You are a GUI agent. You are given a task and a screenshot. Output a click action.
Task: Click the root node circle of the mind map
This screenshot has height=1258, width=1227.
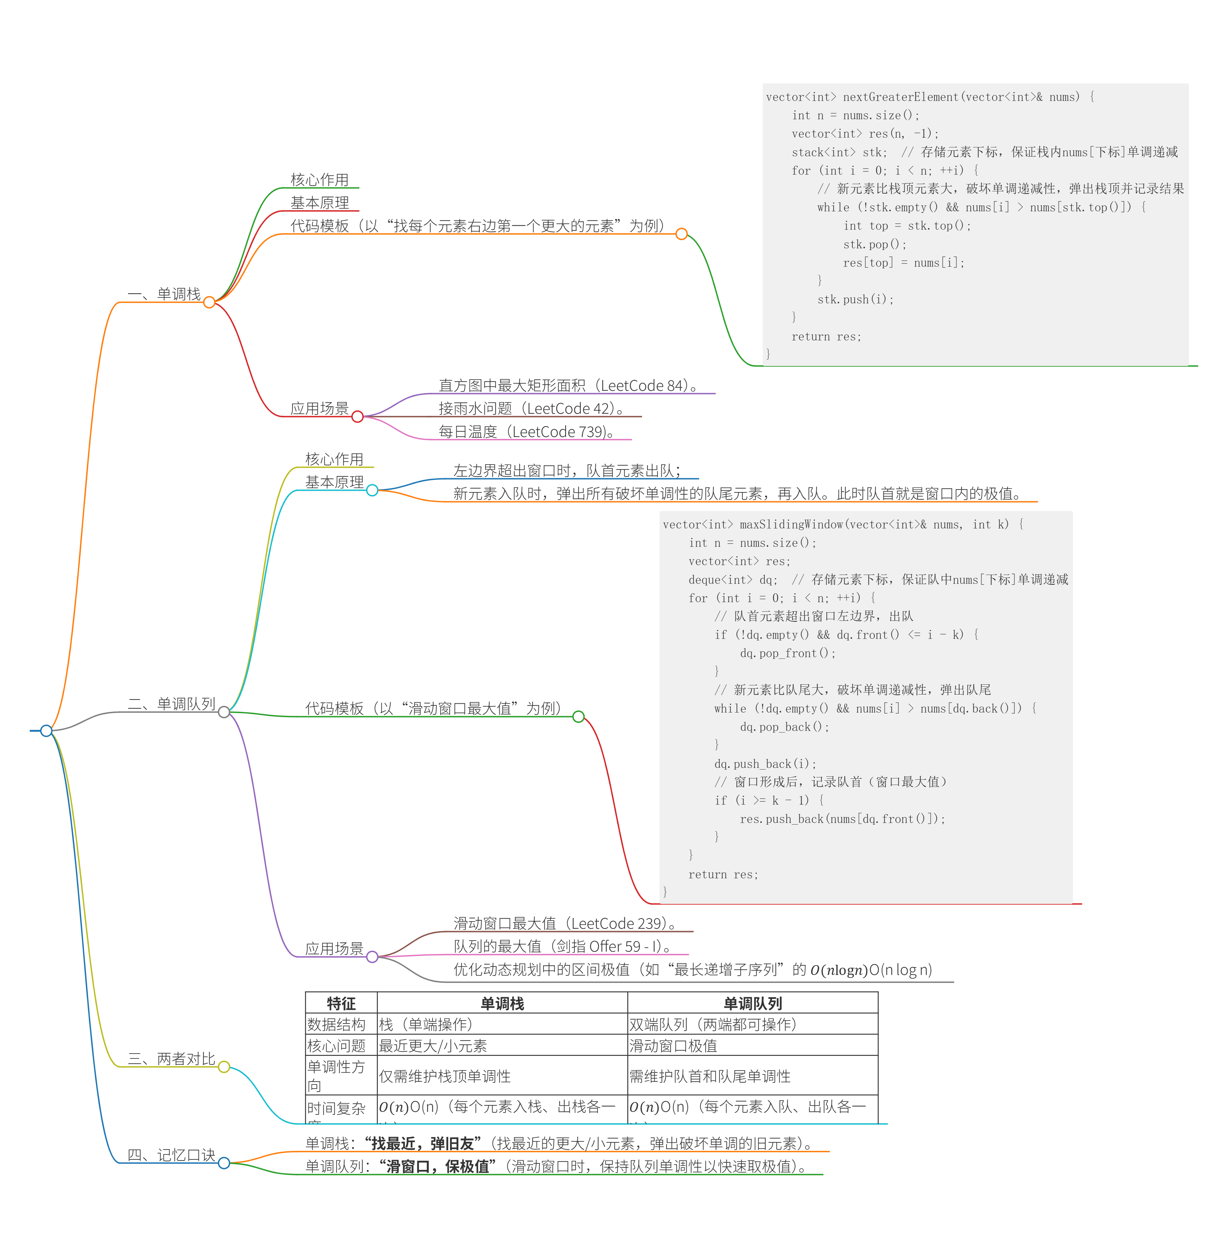[46, 731]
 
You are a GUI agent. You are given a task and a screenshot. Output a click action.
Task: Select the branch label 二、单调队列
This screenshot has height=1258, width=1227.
[171, 704]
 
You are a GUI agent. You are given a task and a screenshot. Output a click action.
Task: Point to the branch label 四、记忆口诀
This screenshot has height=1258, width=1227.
[171, 1155]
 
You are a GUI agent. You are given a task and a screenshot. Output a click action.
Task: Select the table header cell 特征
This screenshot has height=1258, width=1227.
[341, 1003]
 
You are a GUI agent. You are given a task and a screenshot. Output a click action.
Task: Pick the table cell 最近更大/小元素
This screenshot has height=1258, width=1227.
[433, 1046]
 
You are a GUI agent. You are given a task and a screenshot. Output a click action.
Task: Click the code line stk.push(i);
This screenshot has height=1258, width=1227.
[855, 299]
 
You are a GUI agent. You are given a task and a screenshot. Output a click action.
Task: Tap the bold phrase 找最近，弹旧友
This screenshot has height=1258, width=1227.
[423, 1144]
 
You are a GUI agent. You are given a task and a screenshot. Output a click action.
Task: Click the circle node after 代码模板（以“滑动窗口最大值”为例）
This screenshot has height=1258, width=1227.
[578, 717]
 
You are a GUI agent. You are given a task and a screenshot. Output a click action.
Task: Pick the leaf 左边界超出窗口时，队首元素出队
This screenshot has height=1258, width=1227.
[567, 471]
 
